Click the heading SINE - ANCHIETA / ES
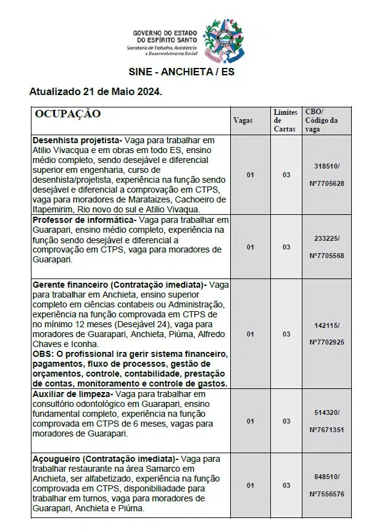click(181, 72)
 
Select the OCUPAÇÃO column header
click(68, 114)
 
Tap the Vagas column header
click(243, 120)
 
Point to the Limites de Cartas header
click(286, 120)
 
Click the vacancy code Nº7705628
click(326, 184)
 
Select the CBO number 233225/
click(326, 238)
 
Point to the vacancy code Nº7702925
click(326, 341)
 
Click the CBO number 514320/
click(326, 412)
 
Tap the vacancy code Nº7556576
click(326, 494)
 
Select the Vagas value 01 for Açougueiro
click(250, 485)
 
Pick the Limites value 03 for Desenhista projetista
click(286, 175)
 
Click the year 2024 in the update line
click(146, 92)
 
